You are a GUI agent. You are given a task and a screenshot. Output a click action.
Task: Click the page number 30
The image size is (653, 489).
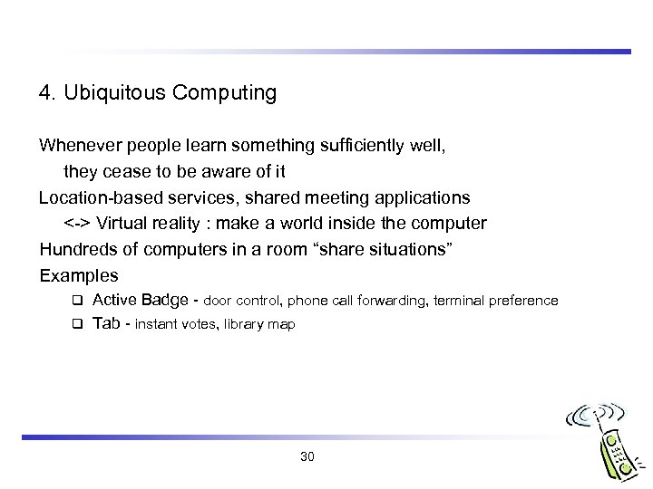[307, 456]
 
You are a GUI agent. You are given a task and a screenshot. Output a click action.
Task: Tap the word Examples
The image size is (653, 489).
[79, 273]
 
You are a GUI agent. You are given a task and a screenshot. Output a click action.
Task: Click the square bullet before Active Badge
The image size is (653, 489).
[78, 300]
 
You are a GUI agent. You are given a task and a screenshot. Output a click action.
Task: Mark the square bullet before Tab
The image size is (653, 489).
[78, 323]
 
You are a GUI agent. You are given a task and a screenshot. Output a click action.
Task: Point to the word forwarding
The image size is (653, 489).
[393, 301]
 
